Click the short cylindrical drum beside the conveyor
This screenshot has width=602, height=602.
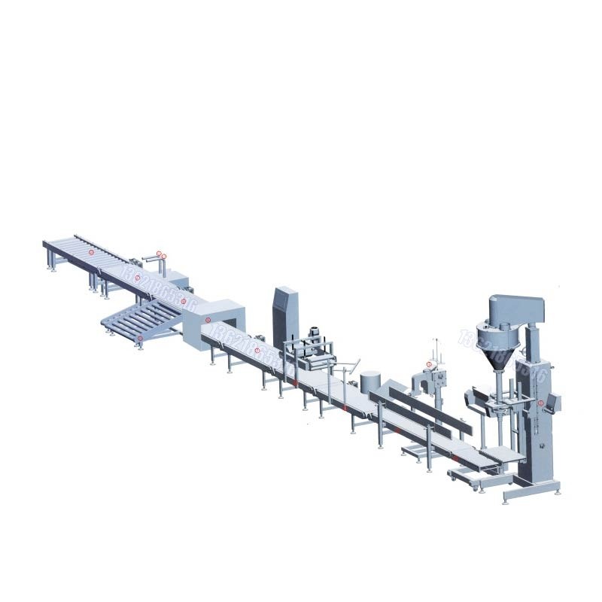[369, 381]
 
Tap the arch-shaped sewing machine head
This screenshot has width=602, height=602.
[426, 384]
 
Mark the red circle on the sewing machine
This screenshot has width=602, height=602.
[429, 364]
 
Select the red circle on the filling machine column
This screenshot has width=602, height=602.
[540, 403]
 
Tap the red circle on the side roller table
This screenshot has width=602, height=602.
[140, 339]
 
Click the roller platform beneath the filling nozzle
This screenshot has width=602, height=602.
[500, 456]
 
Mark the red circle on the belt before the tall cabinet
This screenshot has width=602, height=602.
[257, 350]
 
